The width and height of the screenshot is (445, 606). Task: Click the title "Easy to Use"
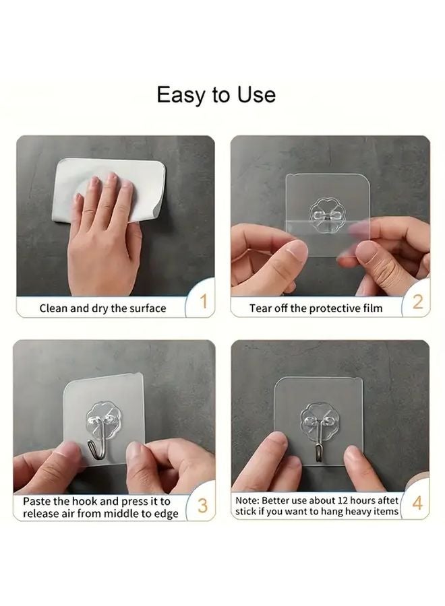coord(216,94)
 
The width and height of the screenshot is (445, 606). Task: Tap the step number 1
coord(203,302)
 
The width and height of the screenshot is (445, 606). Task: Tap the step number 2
coord(417,302)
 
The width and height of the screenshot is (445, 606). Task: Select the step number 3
coord(202,506)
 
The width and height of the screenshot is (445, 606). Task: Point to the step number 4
coord(417,504)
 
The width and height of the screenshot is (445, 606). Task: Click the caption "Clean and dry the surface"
coord(102,308)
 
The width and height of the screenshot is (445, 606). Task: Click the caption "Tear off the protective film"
coord(316,308)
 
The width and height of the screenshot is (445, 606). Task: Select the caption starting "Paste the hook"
coord(100,508)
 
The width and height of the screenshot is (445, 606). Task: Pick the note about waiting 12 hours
coord(317,506)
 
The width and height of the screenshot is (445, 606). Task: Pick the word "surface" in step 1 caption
coord(147,308)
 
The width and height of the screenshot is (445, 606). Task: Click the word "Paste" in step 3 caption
coord(37,502)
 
